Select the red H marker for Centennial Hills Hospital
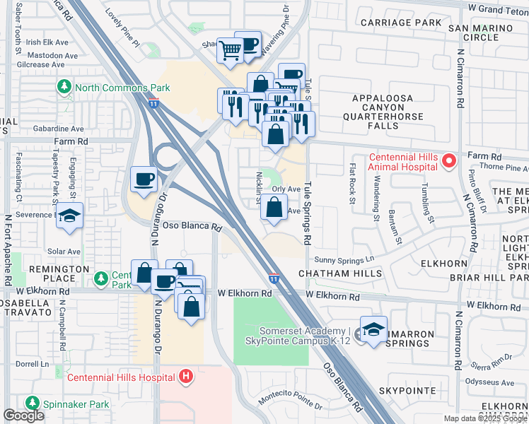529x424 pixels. [x=186, y=376]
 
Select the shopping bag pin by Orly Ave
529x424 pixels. [x=274, y=208]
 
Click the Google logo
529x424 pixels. [x=24, y=416]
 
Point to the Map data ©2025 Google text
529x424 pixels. [x=485, y=418]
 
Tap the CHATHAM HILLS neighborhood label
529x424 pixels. [x=339, y=273]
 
